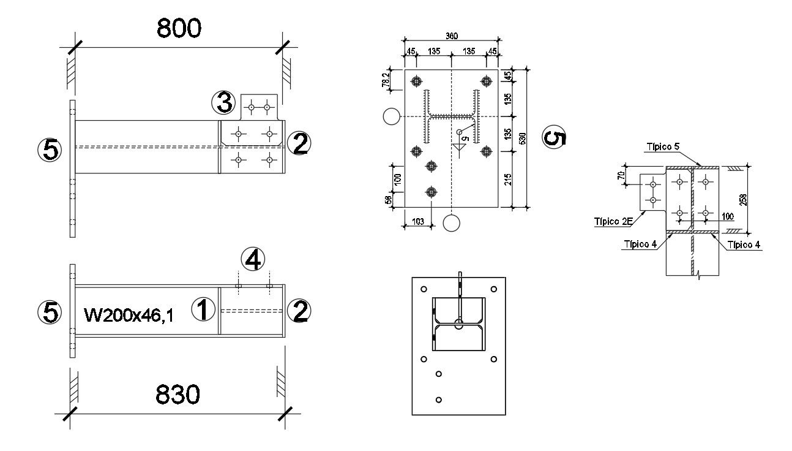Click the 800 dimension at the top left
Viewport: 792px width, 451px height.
[179, 28]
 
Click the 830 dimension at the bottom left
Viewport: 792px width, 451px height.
[177, 395]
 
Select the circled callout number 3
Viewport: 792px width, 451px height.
[223, 103]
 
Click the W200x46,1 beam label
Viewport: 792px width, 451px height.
[129, 316]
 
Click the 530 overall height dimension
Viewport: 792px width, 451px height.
[522, 138]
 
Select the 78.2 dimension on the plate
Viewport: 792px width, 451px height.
[385, 80]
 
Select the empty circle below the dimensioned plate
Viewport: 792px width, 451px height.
[452, 224]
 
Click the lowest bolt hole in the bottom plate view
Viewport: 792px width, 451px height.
[438, 400]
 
